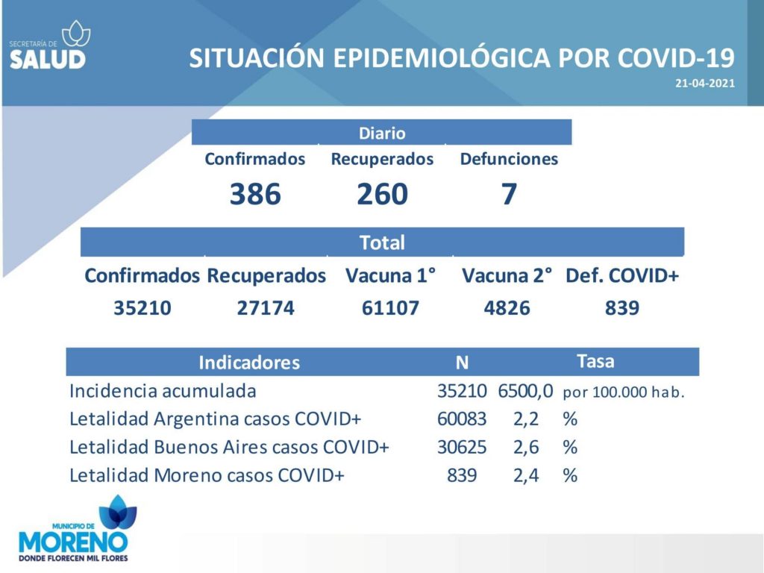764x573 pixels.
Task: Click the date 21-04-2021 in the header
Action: [704, 84]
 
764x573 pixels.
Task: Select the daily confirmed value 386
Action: [255, 194]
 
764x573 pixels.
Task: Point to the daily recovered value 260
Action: [382, 194]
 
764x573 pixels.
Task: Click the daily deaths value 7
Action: [509, 194]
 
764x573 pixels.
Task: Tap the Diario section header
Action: [382, 133]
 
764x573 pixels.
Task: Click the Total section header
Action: [382, 242]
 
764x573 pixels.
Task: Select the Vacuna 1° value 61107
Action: [390, 308]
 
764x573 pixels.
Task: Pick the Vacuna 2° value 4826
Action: [507, 308]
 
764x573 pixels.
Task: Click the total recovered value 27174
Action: [266, 308]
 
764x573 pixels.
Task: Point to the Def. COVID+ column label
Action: [622, 276]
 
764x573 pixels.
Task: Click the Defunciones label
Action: [509, 159]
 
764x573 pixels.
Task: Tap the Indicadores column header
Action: [249, 363]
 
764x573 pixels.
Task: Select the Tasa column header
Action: [595, 362]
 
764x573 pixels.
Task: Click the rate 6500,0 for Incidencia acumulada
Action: [525, 391]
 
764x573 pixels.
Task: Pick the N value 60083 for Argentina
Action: [461, 419]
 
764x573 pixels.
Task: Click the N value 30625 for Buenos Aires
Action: [461, 448]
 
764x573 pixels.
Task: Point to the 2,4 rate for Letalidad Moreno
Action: [526, 475]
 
